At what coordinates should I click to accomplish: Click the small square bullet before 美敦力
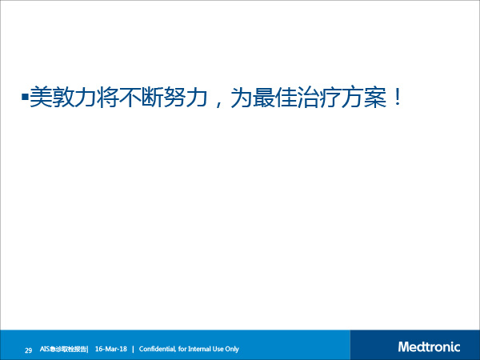[x=25, y=98]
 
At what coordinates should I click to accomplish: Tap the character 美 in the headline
[x=41, y=98]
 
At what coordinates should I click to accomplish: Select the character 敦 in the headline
[x=63, y=98]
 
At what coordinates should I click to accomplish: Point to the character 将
[x=108, y=98]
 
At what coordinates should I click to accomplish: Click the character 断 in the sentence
[x=152, y=98]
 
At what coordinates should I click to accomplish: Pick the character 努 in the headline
[x=174, y=98]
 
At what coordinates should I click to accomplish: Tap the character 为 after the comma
[x=242, y=98]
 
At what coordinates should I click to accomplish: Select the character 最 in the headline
[x=264, y=98]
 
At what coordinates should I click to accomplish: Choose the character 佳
[x=286, y=98]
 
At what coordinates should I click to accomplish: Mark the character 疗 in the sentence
[x=330, y=98]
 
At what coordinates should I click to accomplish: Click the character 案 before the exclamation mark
[x=375, y=98]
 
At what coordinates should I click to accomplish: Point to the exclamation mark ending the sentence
[x=398, y=98]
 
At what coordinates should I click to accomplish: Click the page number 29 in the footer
[x=28, y=350]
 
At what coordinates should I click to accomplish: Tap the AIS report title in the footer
[x=64, y=349]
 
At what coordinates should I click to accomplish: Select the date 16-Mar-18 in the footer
[x=111, y=349]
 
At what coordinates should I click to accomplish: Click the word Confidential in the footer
[x=158, y=349]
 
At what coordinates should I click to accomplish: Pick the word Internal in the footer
[x=199, y=349]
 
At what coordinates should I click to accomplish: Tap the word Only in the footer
[x=232, y=350]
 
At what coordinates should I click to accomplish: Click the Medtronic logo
[x=429, y=347]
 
